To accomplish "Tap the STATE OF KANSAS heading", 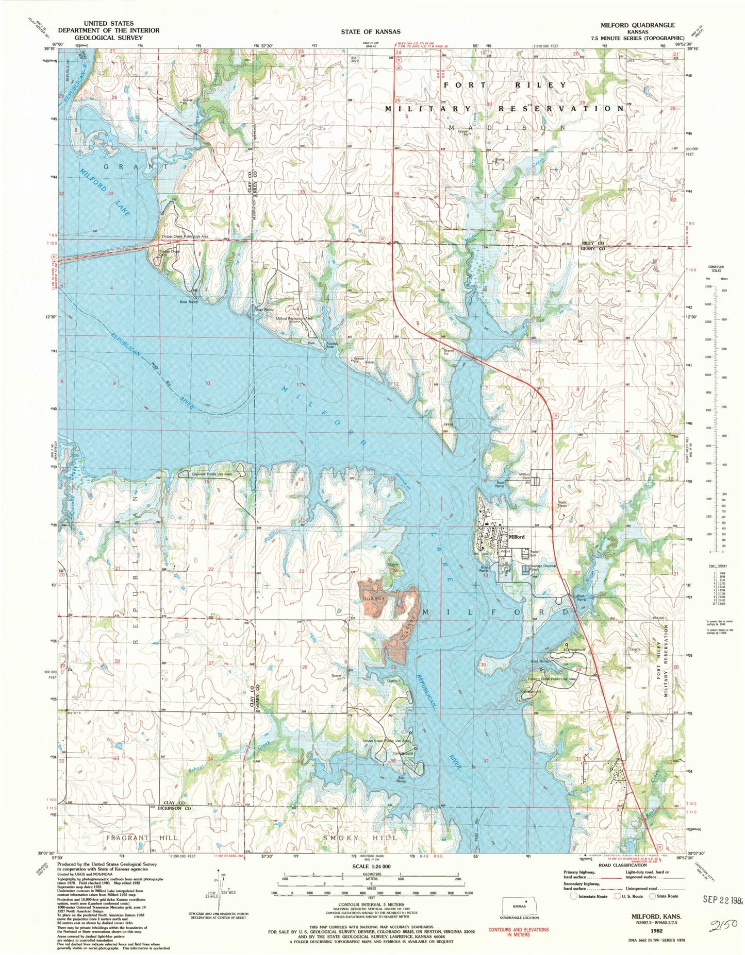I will click(x=370, y=32).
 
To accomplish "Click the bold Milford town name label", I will click(x=517, y=537).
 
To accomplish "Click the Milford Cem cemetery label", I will click(x=524, y=475).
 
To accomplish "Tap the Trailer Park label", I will click(x=537, y=554).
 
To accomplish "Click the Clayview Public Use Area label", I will click(x=205, y=474).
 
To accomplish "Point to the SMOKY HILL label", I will click(x=359, y=838).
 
